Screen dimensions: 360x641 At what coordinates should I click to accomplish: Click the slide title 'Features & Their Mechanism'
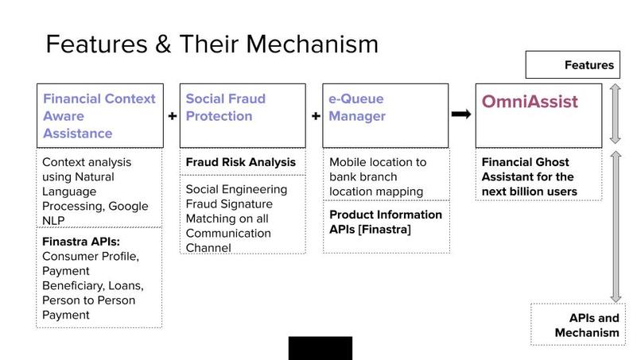tap(212, 43)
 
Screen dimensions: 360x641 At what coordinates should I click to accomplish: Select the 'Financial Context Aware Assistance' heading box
tap(99, 115)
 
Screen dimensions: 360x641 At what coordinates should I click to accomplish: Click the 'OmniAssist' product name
tap(530, 103)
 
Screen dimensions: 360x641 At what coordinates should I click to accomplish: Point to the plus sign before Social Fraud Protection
tap(173, 116)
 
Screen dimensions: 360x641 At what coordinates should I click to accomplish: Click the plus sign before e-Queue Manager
tap(316, 116)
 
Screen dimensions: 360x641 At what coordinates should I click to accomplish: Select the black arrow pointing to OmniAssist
tap(460, 114)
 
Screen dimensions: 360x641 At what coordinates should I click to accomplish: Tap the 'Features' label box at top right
tap(573, 65)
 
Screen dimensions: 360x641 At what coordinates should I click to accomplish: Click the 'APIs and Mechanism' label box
tap(577, 324)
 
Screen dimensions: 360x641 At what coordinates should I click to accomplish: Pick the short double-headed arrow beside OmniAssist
tap(615, 114)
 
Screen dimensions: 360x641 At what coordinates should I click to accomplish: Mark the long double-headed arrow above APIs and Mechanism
tap(615, 226)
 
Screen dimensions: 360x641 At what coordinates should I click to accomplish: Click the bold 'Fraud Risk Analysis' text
tap(240, 162)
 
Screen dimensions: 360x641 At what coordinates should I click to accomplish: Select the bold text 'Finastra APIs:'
tap(80, 242)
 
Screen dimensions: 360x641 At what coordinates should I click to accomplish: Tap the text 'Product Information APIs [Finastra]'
tap(386, 223)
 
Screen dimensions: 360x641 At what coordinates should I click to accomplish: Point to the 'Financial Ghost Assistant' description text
tap(529, 176)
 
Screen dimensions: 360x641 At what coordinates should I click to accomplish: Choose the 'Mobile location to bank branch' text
tap(378, 169)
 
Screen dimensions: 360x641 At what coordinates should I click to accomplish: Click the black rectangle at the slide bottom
tap(320, 348)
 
